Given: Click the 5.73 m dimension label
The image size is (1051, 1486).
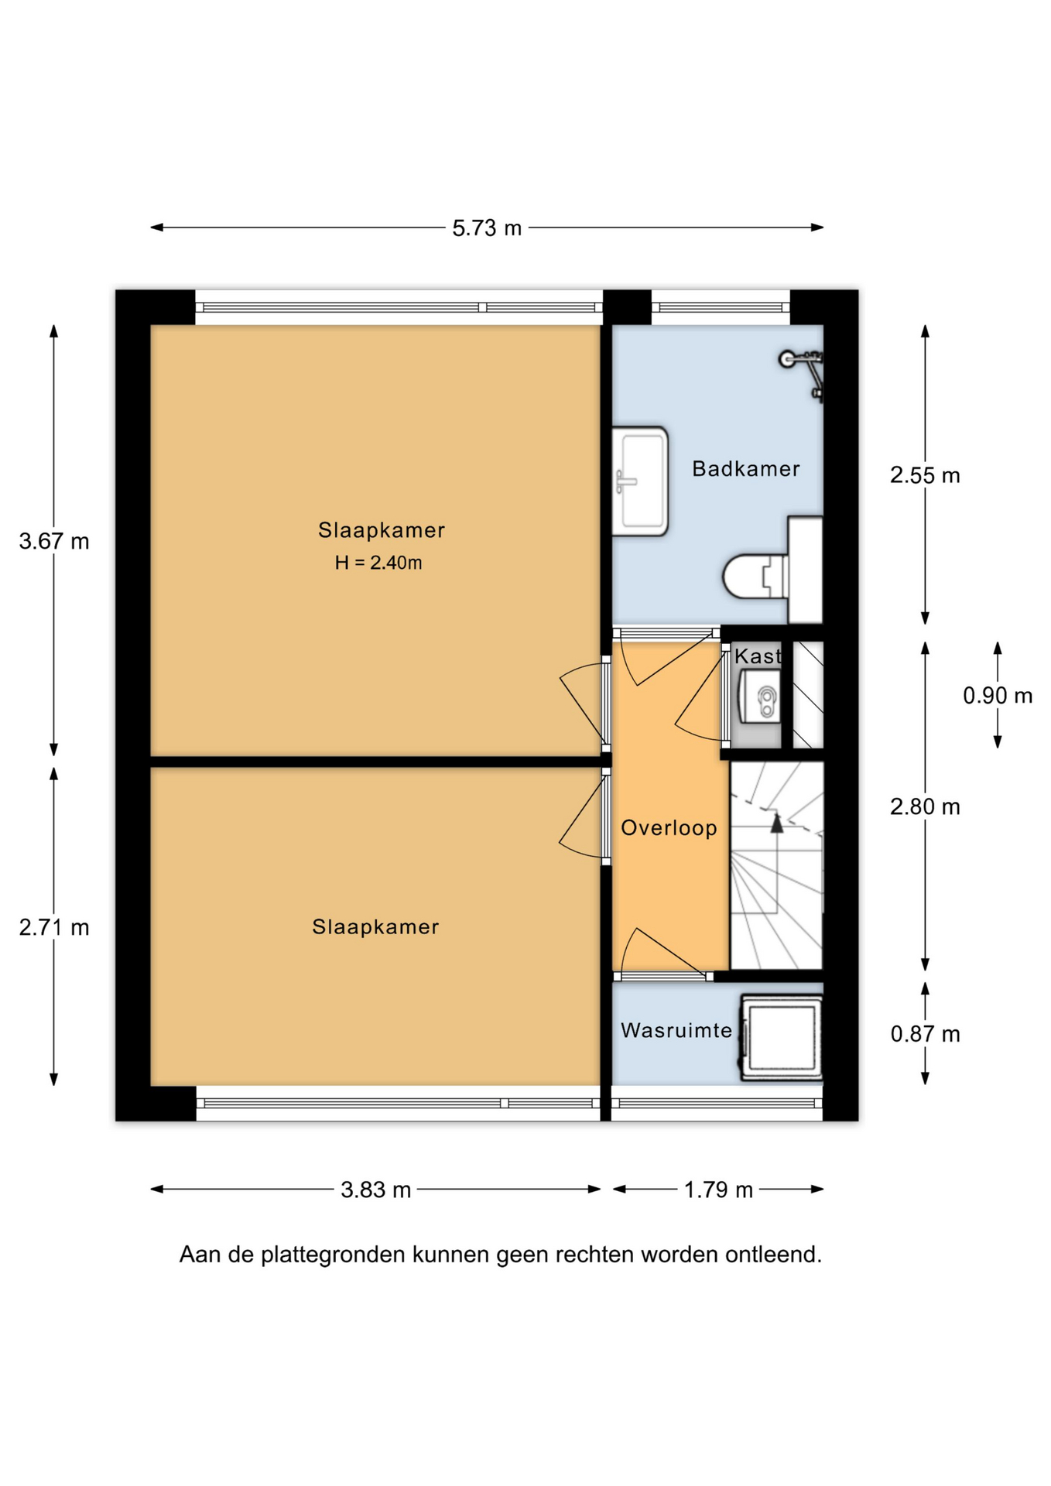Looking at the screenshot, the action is (487, 228).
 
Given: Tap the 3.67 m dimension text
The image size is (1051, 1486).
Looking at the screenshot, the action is (54, 541).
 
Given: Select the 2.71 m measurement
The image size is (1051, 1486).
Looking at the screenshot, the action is (54, 926).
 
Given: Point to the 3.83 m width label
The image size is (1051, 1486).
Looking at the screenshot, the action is (375, 1190).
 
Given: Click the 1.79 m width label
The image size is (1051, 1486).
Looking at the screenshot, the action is (718, 1190).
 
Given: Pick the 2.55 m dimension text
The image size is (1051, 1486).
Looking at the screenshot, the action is (925, 475).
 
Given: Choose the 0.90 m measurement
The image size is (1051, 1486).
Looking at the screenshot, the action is (998, 696).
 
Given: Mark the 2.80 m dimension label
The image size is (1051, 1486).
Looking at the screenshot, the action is (925, 806).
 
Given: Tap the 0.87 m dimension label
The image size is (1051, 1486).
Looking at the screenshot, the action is (925, 1034).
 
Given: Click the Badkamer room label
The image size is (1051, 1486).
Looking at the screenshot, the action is (746, 469).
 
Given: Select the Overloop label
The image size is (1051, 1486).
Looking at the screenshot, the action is (669, 828).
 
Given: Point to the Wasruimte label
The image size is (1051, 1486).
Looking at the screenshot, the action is (676, 1030).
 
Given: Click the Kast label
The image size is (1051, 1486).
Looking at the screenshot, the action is (758, 656).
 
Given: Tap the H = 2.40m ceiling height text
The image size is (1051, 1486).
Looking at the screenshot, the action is (378, 563).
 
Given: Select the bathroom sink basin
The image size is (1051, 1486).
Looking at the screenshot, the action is (640, 481).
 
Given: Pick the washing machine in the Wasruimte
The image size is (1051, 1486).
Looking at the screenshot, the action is (782, 1037).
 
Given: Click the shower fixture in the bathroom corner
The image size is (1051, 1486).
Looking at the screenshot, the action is (803, 375).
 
